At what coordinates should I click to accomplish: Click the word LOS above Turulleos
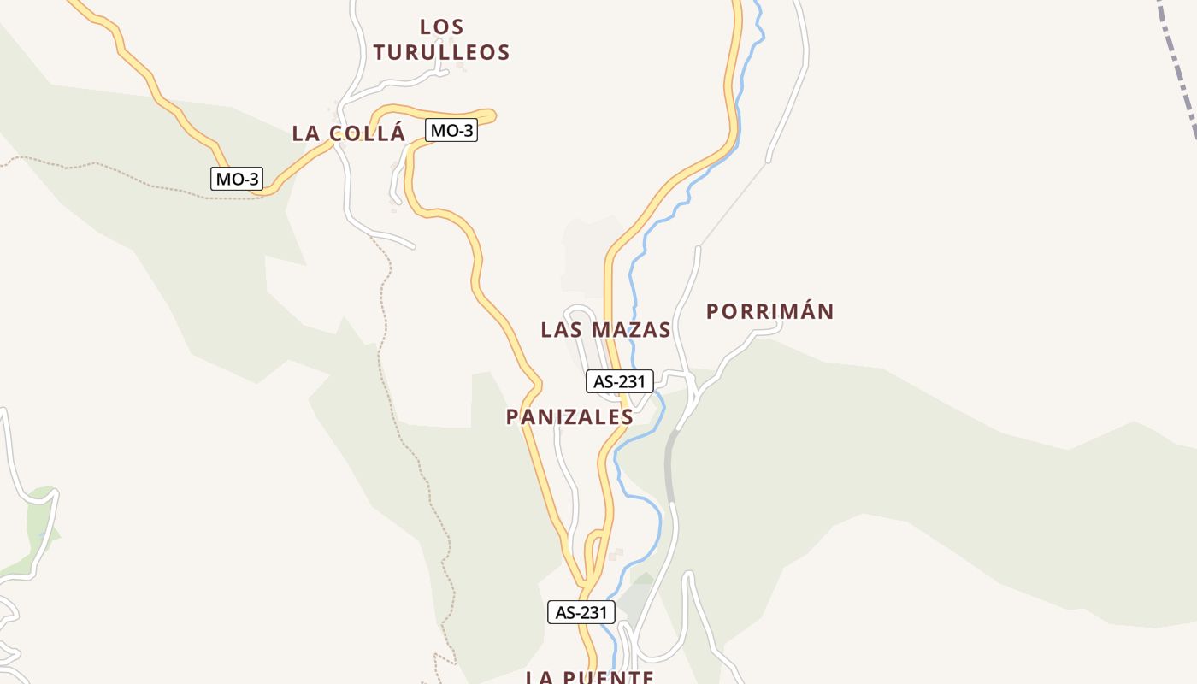pyautogui.click(x=441, y=27)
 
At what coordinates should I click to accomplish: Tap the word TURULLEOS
pyautogui.click(x=441, y=52)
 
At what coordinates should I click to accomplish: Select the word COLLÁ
pyautogui.click(x=366, y=133)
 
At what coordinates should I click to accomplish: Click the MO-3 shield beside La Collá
pyautogui.click(x=451, y=131)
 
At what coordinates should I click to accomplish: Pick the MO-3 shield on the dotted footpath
pyautogui.click(x=237, y=179)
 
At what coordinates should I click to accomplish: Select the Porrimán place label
pyautogui.click(x=769, y=311)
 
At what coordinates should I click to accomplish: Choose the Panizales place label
pyautogui.click(x=569, y=416)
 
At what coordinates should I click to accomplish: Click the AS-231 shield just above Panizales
pyautogui.click(x=620, y=381)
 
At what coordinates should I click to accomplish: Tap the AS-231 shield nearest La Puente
pyautogui.click(x=581, y=612)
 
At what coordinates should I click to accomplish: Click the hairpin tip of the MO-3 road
pyautogui.click(x=492, y=115)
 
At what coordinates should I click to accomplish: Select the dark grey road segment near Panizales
pyautogui.click(x=669, y=466)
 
